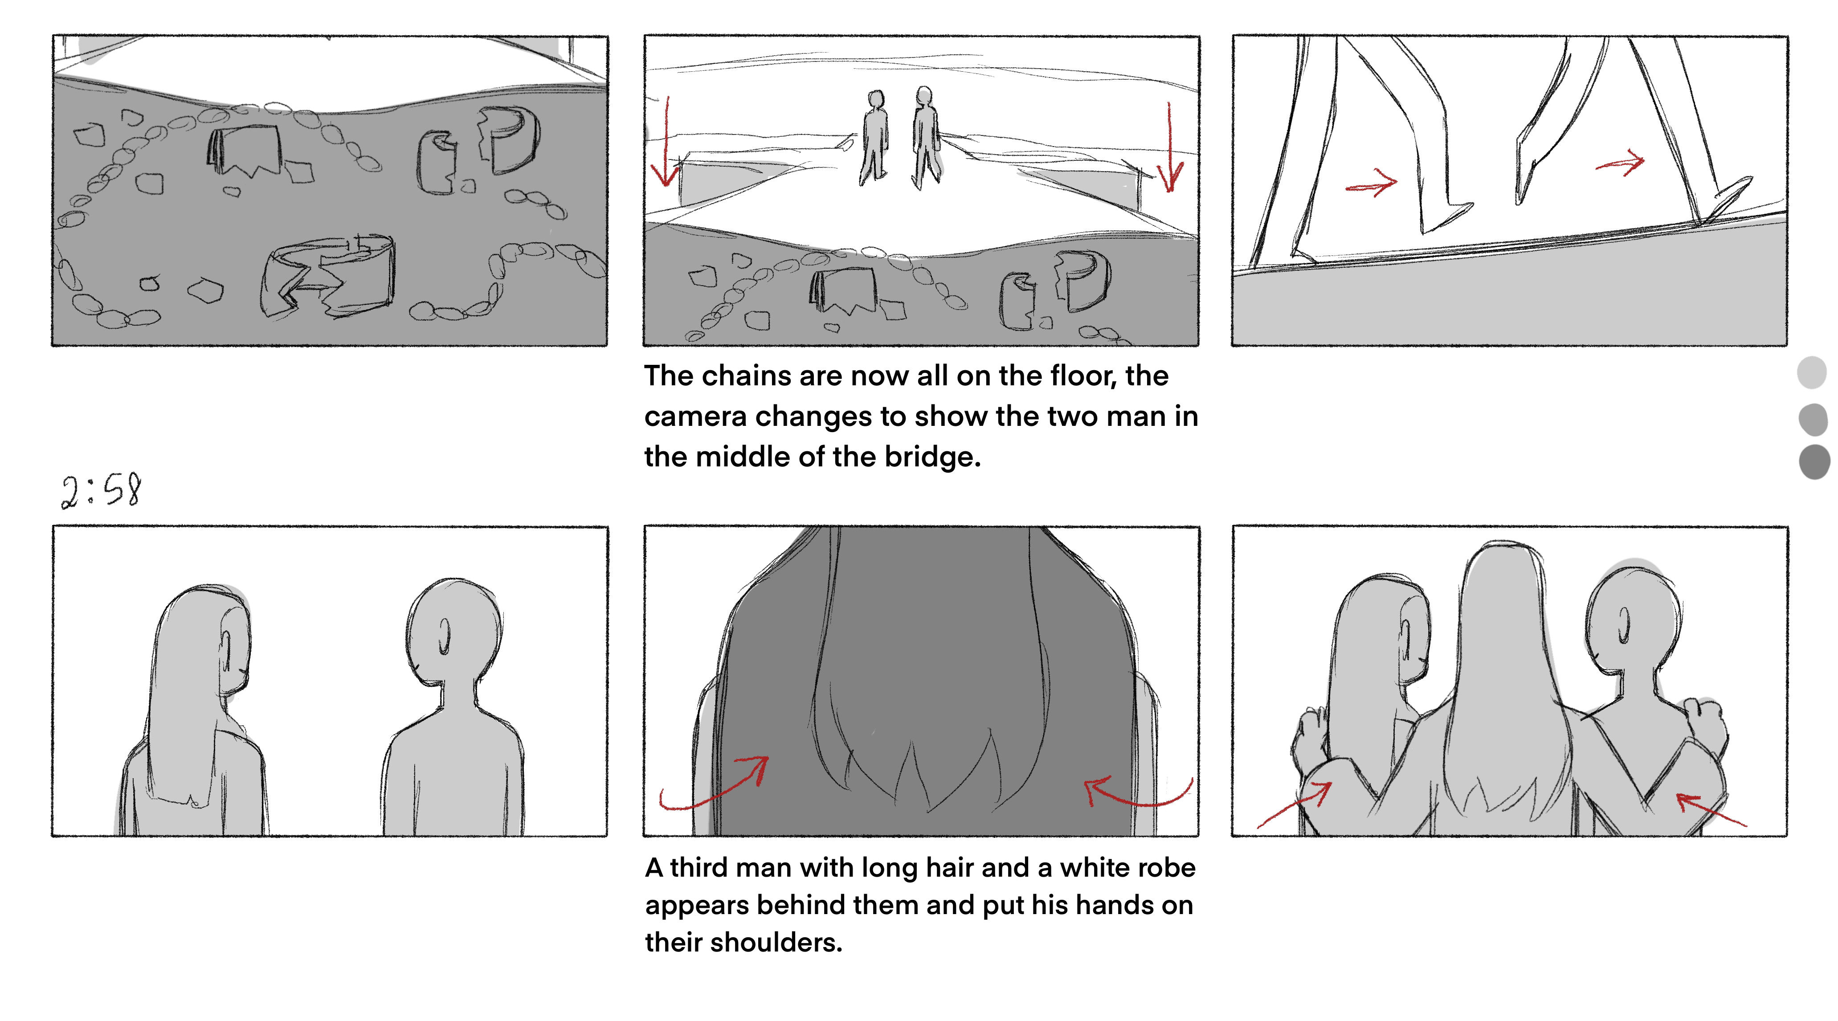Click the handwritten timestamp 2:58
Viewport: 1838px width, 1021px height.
(101, 491)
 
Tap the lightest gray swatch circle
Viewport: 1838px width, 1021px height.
(1812, 372)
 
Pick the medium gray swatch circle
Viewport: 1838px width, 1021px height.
(1813, 419)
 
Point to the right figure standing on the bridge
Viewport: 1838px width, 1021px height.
(925, 137)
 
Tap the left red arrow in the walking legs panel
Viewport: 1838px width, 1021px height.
(1371, 184)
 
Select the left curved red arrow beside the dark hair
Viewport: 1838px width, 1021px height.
(714, 785)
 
